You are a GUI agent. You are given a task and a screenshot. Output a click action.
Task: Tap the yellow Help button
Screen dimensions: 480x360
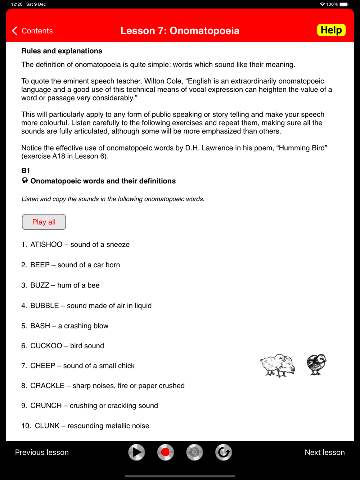tap(331, 30)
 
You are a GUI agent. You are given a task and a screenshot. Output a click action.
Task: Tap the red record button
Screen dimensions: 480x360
tap(166, 452)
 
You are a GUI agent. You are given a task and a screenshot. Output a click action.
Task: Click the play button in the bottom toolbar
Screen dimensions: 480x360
tap(136, 452)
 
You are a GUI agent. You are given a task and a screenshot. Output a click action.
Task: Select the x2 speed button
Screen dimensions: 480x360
tap(194, 452)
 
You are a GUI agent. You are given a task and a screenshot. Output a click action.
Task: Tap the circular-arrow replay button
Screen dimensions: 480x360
tap(224, 452)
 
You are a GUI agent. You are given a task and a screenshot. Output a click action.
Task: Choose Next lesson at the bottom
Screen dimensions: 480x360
tap(325, 452)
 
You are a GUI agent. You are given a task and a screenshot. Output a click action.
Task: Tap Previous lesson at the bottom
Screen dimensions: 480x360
tap(42, 452)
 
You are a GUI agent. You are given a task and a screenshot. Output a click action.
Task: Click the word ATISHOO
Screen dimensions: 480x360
tap(46, 245)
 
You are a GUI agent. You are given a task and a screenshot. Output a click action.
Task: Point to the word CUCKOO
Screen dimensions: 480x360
tap(46, 346)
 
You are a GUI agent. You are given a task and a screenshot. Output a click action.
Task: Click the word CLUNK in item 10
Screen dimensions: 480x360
tap(47, 426)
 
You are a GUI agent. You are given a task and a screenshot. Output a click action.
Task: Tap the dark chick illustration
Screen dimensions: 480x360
tap(316, 364)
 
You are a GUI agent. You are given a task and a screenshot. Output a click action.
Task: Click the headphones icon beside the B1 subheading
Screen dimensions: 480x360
tap(25, 181)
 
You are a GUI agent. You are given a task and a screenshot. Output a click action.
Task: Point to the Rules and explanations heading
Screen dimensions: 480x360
tap(62, 51)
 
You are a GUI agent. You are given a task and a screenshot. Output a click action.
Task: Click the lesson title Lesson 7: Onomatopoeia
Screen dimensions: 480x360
tap(180, 31)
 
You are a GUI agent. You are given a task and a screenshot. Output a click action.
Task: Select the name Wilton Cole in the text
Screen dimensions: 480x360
tap(163, 81)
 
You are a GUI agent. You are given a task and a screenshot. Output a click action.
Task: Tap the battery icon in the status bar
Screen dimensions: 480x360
tap(344, 4)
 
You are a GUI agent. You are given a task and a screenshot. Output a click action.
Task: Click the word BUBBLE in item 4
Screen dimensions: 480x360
tap(45, 305)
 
